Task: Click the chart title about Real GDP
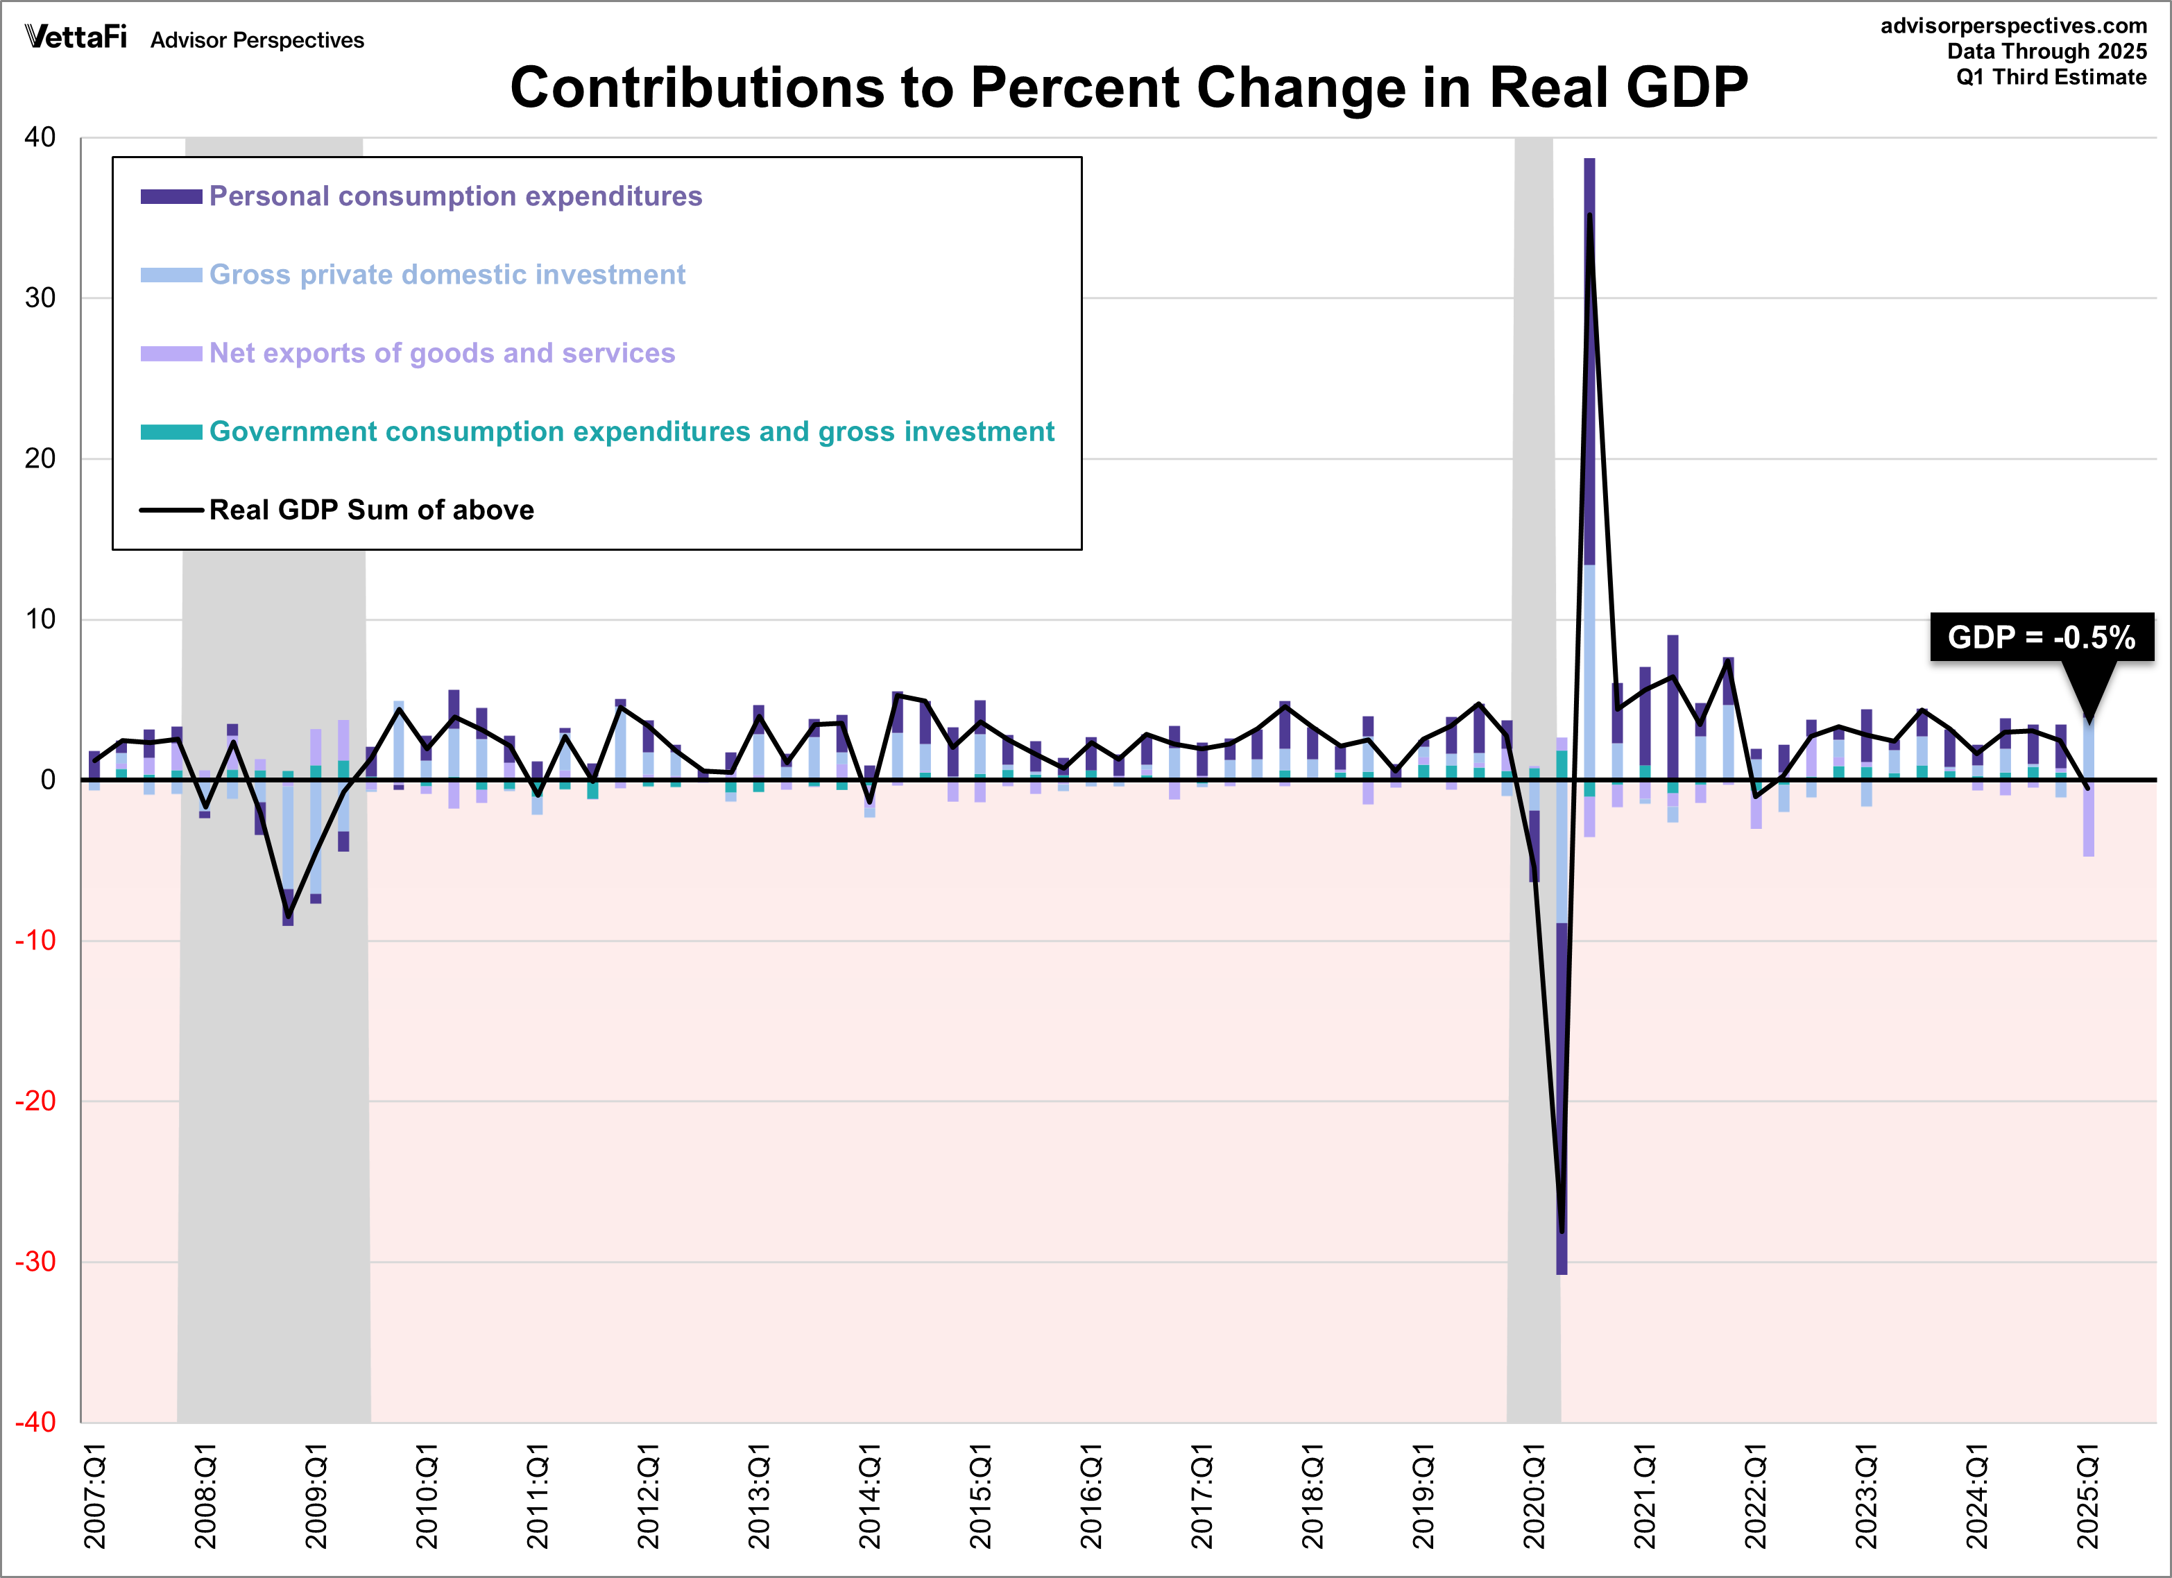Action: click(1128, 87)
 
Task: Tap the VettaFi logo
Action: click(76, 37)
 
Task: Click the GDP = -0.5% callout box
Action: click(2041, 637)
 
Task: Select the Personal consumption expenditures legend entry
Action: click(455, 196)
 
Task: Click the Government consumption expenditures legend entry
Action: click(631, 432)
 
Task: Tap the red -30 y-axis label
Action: click(36, 1261)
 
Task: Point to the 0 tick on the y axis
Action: click(48, 780)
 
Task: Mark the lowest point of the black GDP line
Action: click(1562, 1231)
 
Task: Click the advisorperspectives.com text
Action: click(2013, 26)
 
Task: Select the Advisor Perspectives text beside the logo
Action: click(257, 40)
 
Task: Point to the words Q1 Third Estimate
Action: click(2051, 78)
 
